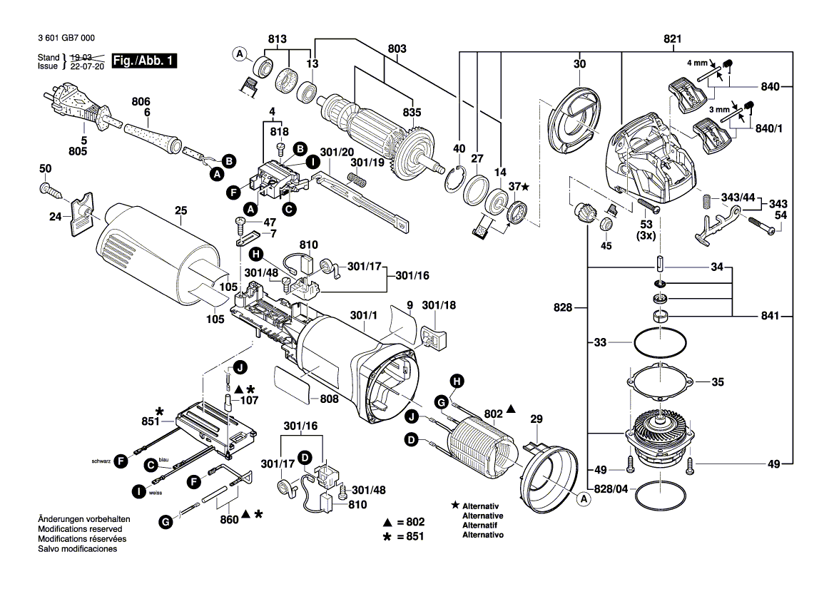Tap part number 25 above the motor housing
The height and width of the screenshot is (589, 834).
click(x=180, y=210)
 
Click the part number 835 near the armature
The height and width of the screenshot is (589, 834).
click(x=412, y=112)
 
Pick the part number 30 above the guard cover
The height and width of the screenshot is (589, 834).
click(x=579, y=64)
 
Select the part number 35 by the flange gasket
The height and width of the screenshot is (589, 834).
click(x=718, y=382)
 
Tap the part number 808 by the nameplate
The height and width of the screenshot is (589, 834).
click(x=329, y=399)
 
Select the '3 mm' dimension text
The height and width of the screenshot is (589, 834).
click(x=719, y=110)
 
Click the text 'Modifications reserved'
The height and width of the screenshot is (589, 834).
click(x=79, y=529)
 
